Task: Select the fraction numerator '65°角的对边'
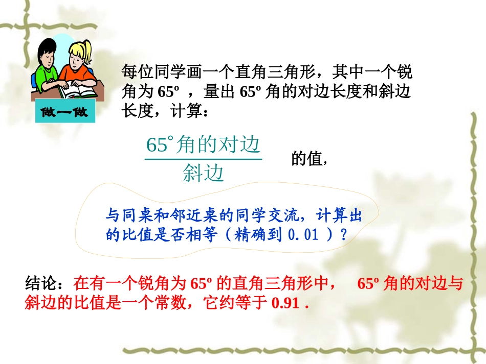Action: click(203, 145)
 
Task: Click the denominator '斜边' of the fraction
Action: click(203, 174)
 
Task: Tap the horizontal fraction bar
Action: click(203, 159)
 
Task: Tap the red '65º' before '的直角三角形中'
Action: click(201, 283)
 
